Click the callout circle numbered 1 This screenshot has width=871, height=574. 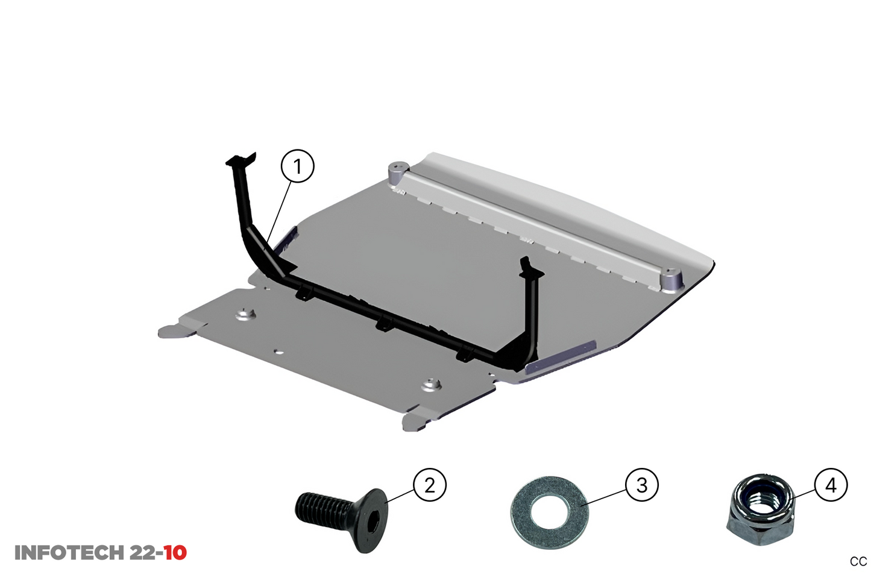pyautogui.click(x=298, y=166)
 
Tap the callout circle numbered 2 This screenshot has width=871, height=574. pyautogui.click(x=430, y=485)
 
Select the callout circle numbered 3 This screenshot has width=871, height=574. pyautogui.click(x=642, y=485)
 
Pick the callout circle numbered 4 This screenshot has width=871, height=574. pyautogui.click(x=831, y=485)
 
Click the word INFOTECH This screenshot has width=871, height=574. pyautogui.click(x=69, y=553)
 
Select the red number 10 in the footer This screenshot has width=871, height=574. pyautogui.click(x=175, y=553)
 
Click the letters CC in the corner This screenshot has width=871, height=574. pyautogui.click(x=858, y=562)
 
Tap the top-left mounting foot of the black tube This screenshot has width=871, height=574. pyautogui.click(x=241, y=159)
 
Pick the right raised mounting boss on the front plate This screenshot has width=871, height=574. pyautogui.click(x=430, y=385)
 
